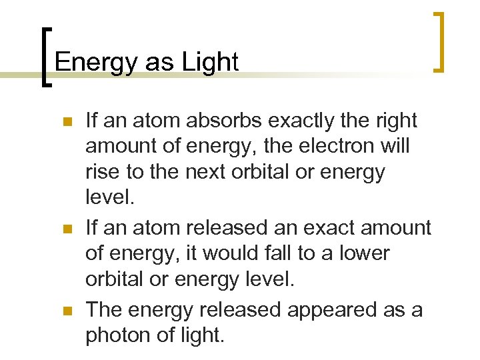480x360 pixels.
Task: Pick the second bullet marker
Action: tap(65, 229)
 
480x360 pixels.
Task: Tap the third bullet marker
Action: tap(65, 311)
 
